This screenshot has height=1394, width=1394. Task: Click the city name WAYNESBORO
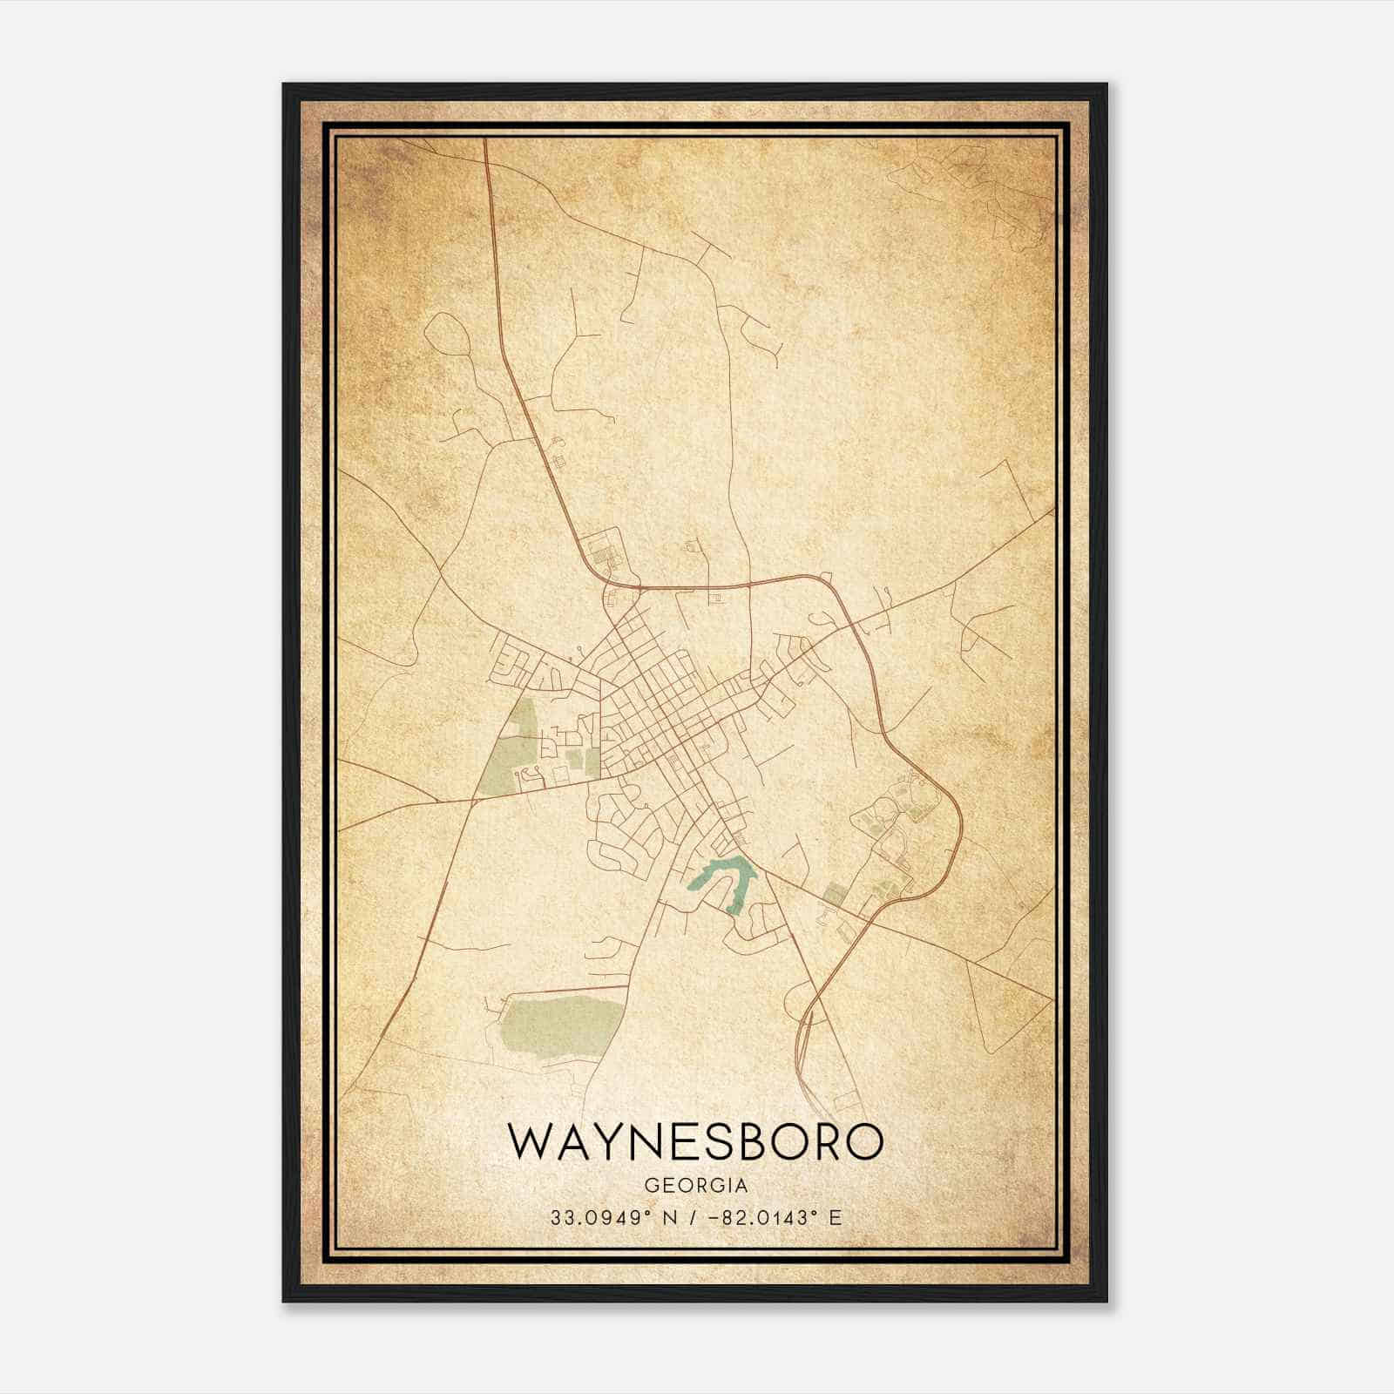pos(695,1142)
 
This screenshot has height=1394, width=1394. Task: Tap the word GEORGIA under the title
pos(696,1186)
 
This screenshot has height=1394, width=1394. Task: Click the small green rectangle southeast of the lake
pos(834,894)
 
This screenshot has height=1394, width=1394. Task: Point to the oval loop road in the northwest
pos(447,335)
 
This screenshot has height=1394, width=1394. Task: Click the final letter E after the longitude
pos(835,1218)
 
